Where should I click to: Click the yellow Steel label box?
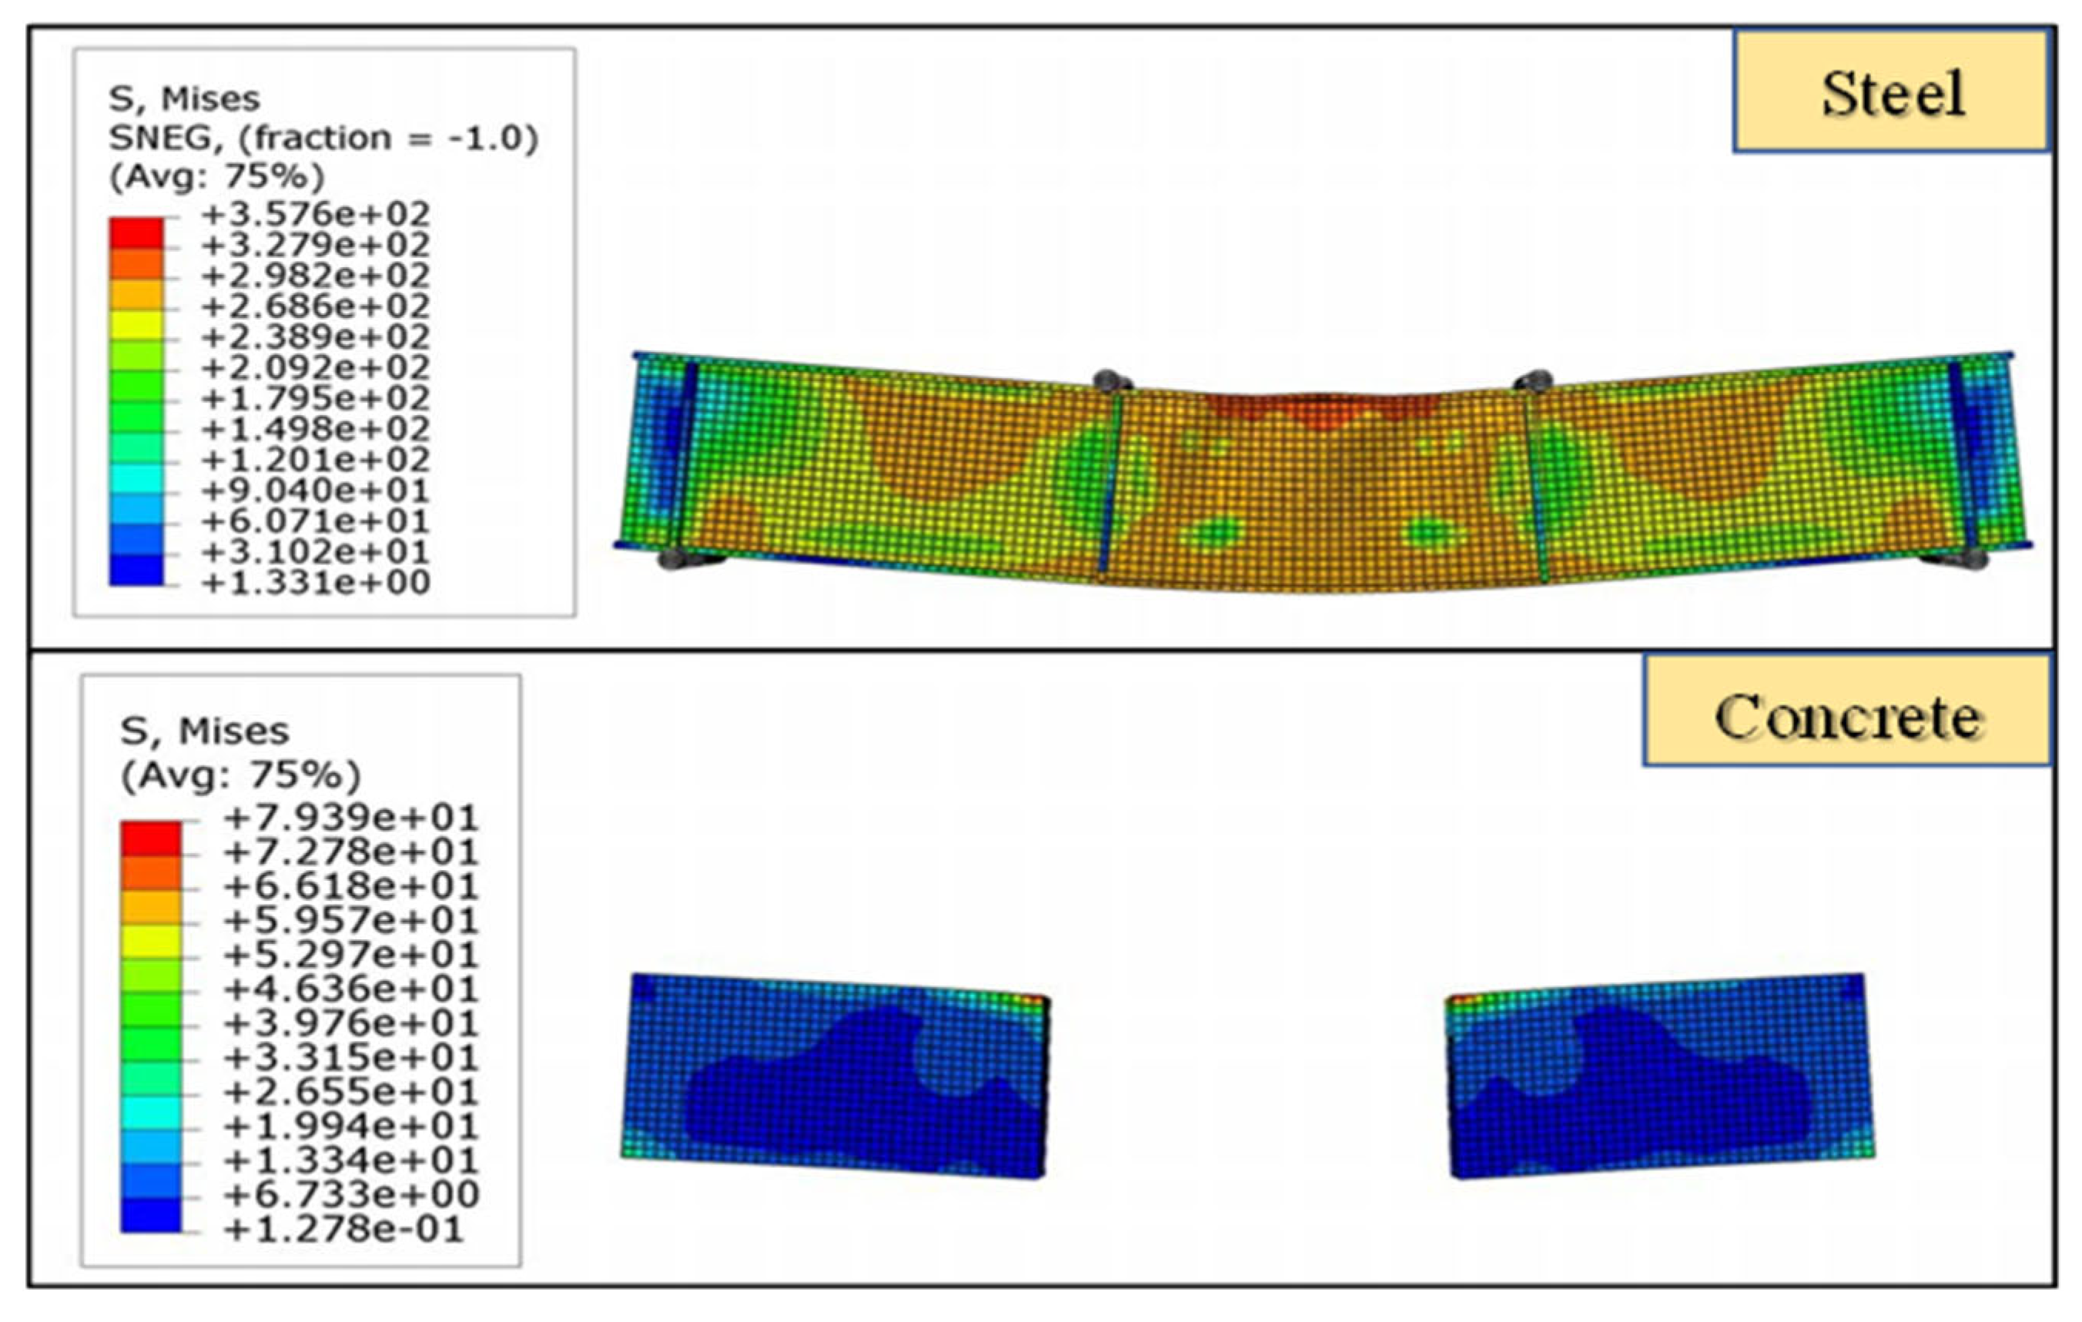pos(1891,92)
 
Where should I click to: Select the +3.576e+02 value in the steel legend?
pos(316,213)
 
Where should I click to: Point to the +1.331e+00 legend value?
pos(316,583)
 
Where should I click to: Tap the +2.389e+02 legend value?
pos(316,336)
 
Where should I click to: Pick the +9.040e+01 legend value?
pos(316,490)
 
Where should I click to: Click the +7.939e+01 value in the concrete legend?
pos(351,817)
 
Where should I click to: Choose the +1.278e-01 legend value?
pos(344,1229)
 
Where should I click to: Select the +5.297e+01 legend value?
pos(351,955)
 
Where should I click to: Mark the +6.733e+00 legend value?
pos(351,1194)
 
